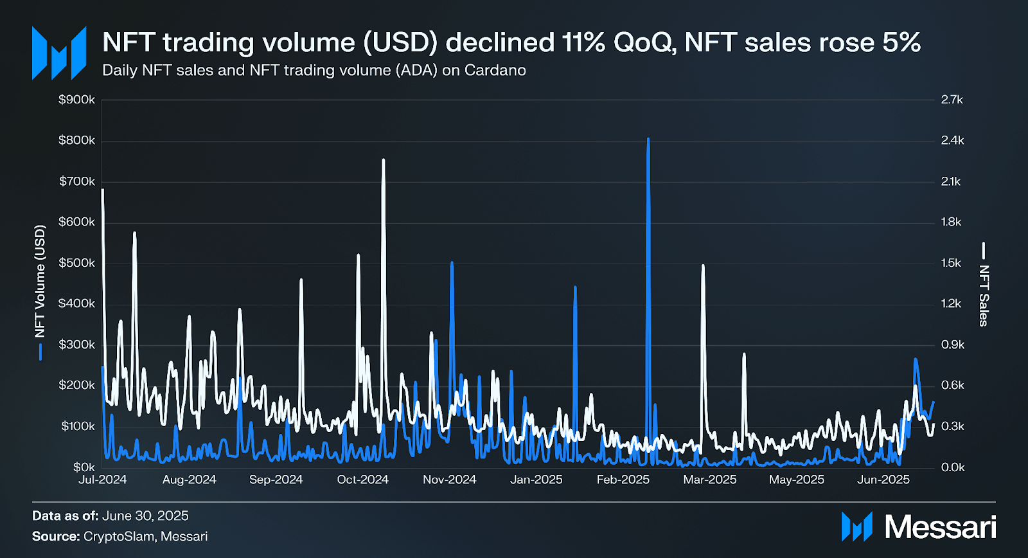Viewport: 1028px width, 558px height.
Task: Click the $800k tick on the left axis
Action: (x=76, y=140)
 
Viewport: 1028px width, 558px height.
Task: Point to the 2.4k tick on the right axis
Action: (x=952, y=140)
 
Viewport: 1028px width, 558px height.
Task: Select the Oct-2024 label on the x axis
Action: (x=362, y=480)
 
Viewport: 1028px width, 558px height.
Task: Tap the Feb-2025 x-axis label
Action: (x=623, y=480)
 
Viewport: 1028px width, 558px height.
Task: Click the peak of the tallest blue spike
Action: (x=648, y=139)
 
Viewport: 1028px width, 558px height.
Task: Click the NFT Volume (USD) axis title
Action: (x=40, y=281)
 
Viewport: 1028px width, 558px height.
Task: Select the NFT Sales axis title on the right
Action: (x=984, y=295)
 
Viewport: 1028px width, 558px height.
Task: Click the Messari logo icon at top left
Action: (x=59, y=53)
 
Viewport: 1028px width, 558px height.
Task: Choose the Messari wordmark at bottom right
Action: (x=940, y=527)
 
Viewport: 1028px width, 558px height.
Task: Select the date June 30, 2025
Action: (x=145, y=516)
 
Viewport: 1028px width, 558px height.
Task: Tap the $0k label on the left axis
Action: (x=84, y=467)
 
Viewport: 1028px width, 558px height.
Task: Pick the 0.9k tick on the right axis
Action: (x=952, y=345)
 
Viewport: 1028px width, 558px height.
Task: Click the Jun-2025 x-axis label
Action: (x=883, y=480)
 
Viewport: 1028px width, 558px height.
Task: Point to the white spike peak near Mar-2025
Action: (x=703, y=265)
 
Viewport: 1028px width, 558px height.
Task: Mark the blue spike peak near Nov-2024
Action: (x=452, y=263)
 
